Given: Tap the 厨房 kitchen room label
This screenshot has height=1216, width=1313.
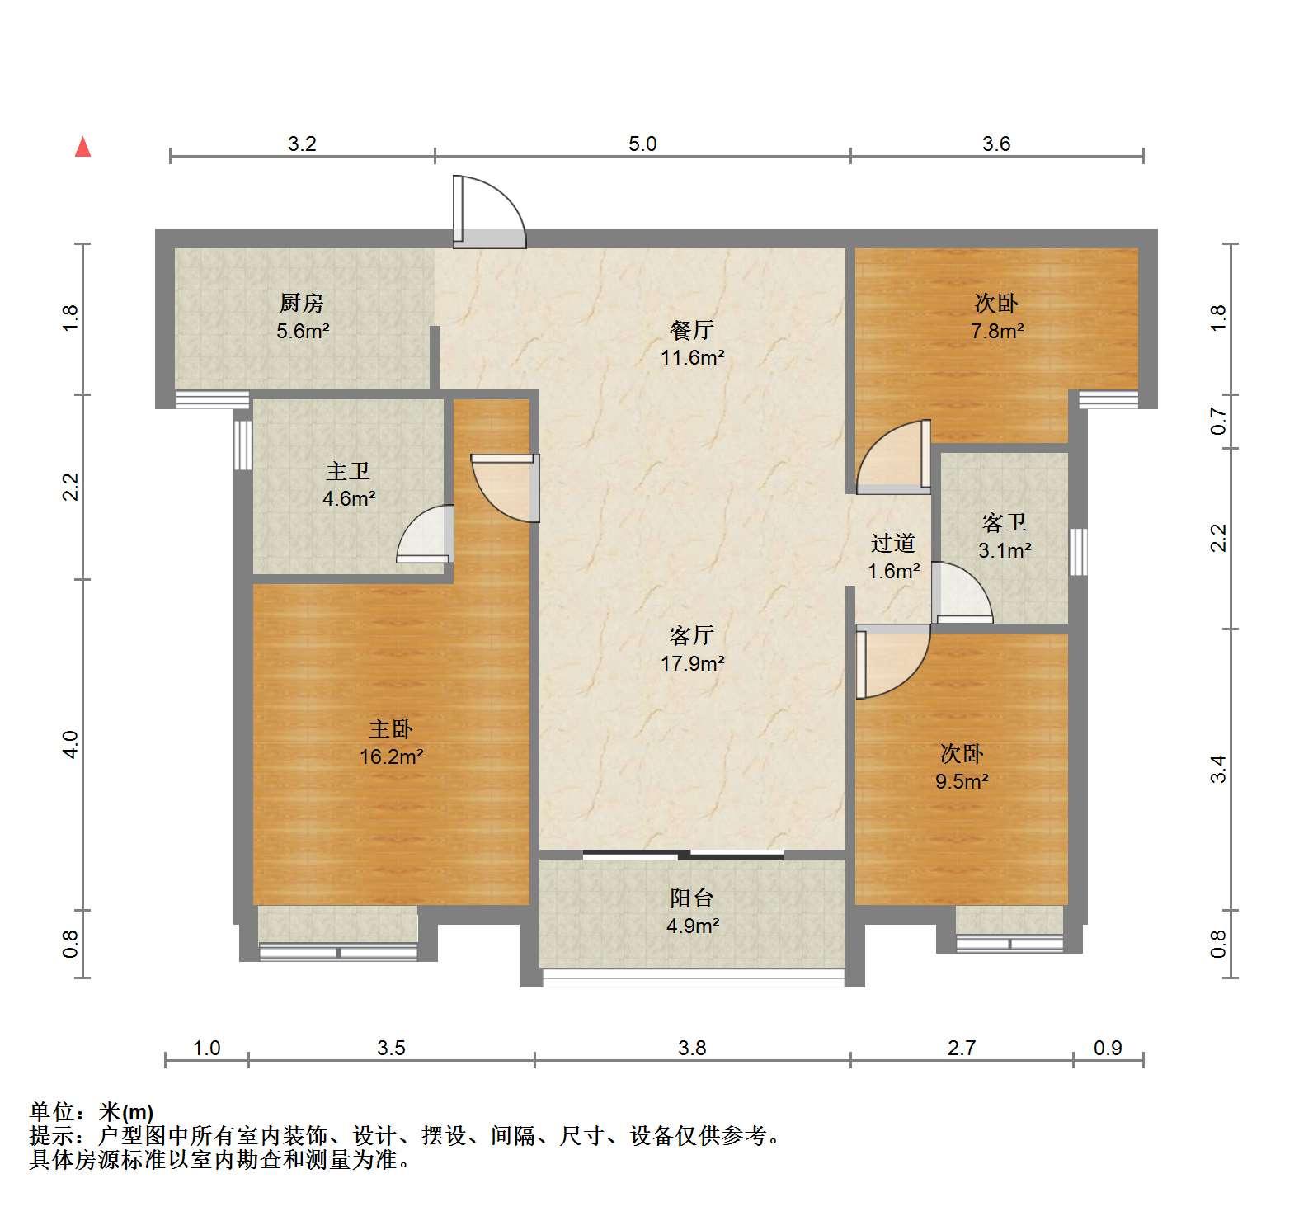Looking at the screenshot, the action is coord(301,304).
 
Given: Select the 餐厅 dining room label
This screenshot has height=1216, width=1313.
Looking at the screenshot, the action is coord(691,330).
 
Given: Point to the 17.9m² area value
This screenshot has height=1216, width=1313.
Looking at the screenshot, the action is coord(692,662).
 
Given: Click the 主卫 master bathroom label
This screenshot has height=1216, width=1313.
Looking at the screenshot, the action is coord(348,471).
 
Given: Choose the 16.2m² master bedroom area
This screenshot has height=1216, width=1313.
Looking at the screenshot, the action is coord(391,756).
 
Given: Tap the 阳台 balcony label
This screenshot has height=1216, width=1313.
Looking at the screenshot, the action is coord(691,898).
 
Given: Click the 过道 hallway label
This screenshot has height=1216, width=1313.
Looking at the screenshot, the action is coord(893,543).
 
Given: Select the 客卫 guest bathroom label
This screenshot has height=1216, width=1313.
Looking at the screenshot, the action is coord(1004,522).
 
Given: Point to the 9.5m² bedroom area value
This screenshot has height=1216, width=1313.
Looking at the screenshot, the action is coord(962,780).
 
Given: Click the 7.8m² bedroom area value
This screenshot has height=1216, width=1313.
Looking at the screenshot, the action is coord(997,331).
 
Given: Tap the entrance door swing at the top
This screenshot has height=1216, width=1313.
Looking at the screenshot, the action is coord(488,211).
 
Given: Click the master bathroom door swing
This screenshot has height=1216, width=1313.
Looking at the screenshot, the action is coord(426,534).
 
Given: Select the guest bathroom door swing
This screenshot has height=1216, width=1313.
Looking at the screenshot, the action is coord(962,592).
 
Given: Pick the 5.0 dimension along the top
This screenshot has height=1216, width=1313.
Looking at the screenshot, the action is coord(642,144).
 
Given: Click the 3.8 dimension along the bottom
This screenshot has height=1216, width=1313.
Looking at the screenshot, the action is coord(692,1048).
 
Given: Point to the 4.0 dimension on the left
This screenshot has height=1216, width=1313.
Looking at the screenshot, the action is coord(71,745).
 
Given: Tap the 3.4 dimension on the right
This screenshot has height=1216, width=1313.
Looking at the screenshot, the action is coord(1219,769).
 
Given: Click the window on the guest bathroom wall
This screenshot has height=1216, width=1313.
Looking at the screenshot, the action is coord(1078,552).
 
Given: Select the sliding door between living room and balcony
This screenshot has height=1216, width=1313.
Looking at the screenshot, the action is coord(683,855).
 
